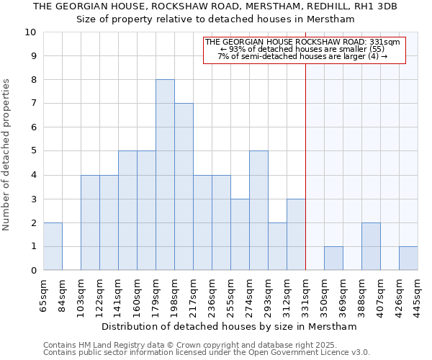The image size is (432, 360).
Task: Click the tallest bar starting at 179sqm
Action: pyautogui.click(x=165, y=175)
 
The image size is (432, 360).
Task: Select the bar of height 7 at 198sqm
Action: pyautogui.click(x=184, y=186)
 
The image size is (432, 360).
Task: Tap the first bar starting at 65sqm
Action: pyautogui.click(x=53, y=246)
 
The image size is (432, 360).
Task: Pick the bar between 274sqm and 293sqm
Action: pyautogui.click(x=258, y=210)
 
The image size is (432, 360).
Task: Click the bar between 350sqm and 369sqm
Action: pyautogui.click(x=333, y=258)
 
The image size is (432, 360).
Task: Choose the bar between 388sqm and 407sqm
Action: pyautogui.click(x=371, y=246)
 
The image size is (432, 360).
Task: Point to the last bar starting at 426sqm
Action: pyautogui.click(x=408, y=258)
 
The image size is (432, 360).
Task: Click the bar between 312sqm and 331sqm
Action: pyautogui.click(x=296, y=234)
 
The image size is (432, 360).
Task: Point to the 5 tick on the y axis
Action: pyautogui.click(x=33, y=151)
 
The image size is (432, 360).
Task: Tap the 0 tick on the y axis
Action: pyautogui.click(x=33, y=270)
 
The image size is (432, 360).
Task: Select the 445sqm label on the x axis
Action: pyautogui.click(x=418, y=295)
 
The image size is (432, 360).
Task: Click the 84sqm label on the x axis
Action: pyautogui.click(x=62, y=295)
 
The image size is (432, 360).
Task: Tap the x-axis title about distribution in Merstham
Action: pyautogui.click(x=229, y=326)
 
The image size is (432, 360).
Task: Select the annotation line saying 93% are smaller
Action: pyautogui.click(x=305, y=49)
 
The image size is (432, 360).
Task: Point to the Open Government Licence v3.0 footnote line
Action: pyautogui.click(x=207, y=353)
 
